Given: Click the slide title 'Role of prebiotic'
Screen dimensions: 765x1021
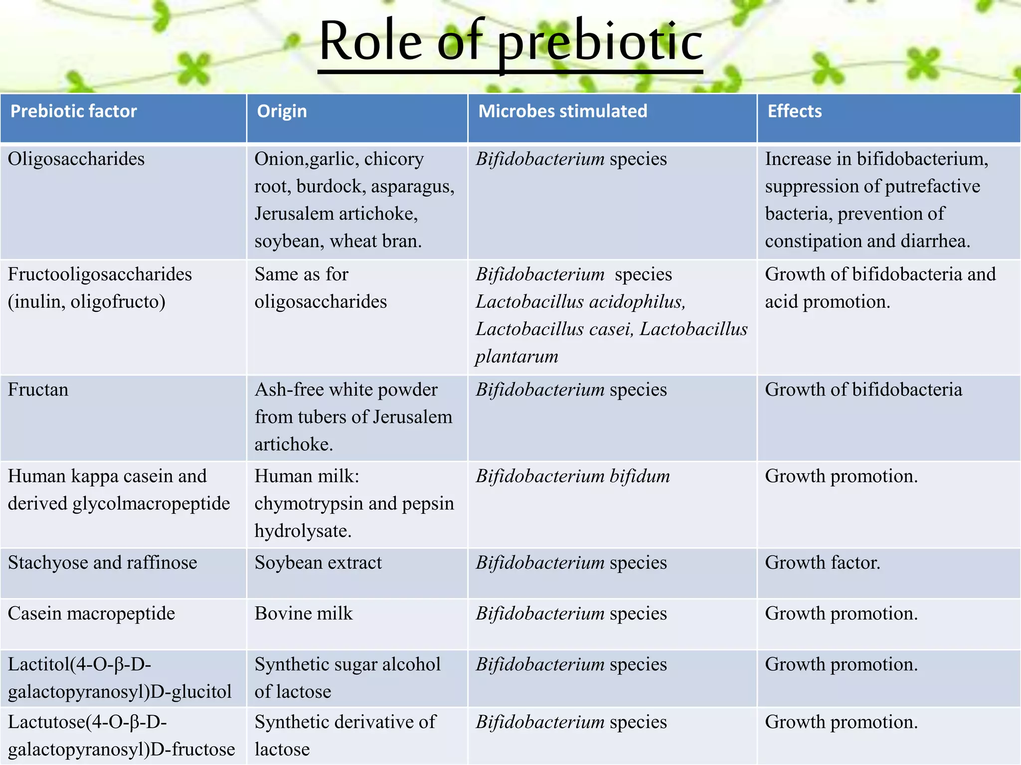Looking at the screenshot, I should tap(510, 42).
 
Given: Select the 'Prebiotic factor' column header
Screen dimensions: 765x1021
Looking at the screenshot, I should tap(73, 111).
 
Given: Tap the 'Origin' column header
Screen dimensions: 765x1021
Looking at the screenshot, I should tap(282, 111).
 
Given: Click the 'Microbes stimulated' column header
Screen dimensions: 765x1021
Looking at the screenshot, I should tap(562, 111).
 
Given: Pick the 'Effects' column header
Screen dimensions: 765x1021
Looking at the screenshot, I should tap(794, 111).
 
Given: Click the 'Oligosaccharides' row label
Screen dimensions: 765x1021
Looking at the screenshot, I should tap(76, 159).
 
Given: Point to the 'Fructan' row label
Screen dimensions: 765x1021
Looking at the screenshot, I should tap(38, 389).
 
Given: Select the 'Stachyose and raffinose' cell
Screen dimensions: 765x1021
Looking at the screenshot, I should tap(102, 563).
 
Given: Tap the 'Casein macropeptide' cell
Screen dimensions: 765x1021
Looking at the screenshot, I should tap(91, 614).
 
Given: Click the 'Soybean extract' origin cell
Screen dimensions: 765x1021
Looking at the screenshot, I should tap(318, 563).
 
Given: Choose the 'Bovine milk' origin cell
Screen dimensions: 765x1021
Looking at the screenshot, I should tap(303, 614).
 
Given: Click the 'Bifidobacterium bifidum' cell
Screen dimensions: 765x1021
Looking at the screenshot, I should tap(572, 476).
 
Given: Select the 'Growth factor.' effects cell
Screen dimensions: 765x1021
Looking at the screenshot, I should tap(823, 563).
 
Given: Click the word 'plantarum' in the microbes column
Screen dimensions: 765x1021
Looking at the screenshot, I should tap(516, 357).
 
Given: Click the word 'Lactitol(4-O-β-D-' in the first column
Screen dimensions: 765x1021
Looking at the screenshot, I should tap(79, 664).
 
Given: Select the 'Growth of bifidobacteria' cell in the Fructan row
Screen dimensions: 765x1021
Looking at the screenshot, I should tap(863, 389).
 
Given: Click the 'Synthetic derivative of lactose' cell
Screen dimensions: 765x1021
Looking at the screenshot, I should tap(344, 735).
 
